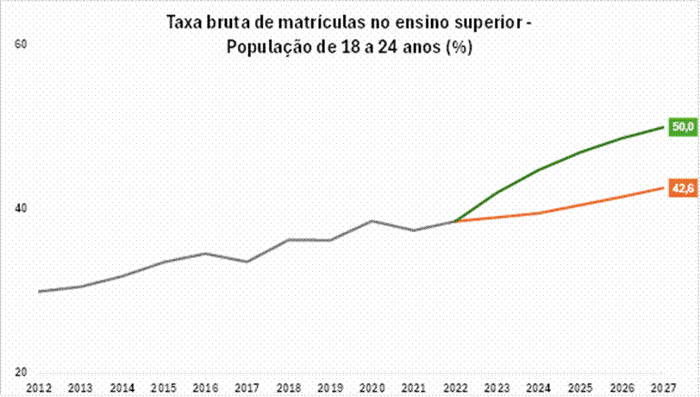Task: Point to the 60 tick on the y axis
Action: [x=22, y=44]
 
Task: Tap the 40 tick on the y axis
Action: [x=22, y=208]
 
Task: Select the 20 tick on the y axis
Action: [x=22, y=372]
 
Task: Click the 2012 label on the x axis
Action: [x=40, y=388]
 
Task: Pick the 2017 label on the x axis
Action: [x=247, y=388]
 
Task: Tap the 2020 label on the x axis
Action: [x=372, y=388]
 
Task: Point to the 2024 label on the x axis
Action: [x=538, y=388]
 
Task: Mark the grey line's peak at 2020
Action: [x=372, y=221]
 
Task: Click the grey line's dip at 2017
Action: [x=247, y=262]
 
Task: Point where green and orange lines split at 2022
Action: [x=454, y=221]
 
